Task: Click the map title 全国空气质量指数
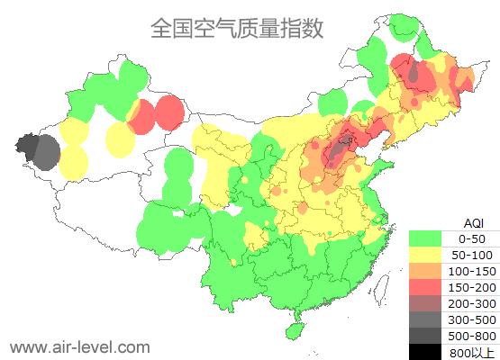[x=236, y=28]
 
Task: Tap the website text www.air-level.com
[x=79, y=346]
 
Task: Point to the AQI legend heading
[x=473, y=222]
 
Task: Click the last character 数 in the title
[x=312, y=28]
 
